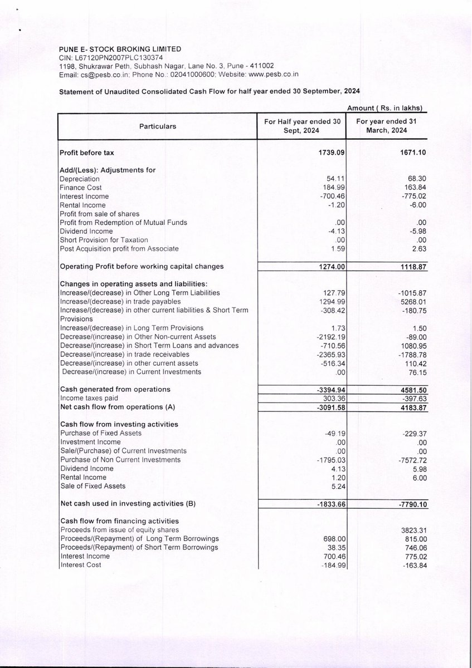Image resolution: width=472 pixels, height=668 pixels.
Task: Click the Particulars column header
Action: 158,126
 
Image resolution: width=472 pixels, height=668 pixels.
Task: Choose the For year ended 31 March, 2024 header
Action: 386,126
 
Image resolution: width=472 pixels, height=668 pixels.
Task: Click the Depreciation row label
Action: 80,179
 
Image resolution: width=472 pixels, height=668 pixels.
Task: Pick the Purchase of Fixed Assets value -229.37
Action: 411,433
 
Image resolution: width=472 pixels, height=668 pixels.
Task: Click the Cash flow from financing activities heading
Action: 119,521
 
